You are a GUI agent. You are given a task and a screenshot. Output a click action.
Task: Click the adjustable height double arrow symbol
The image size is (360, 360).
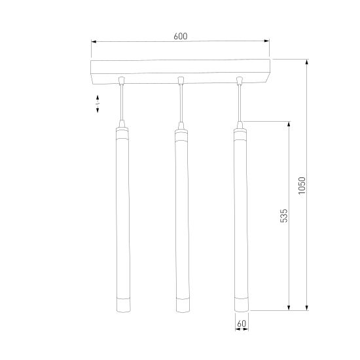tap(98, 103)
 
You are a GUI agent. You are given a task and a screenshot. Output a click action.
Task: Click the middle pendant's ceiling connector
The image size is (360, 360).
tap(180, 81)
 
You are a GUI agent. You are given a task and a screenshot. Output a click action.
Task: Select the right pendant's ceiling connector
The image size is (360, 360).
tap(240, 81)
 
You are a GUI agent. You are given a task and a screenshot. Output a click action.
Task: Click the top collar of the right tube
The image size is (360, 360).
tap(240, 134)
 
